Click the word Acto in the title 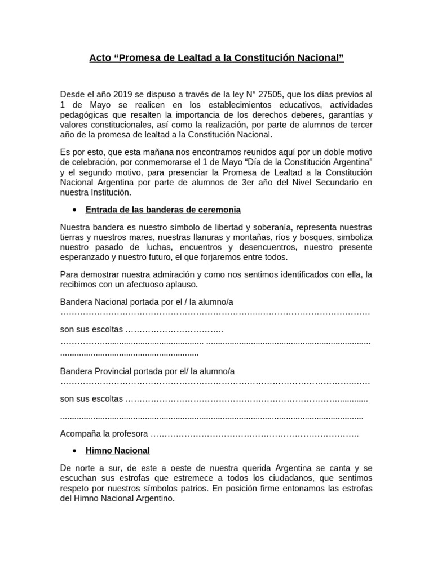click(x=100, y=58)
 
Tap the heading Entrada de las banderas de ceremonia click(x=163, y=210)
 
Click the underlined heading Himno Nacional click(x=117, y=450)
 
